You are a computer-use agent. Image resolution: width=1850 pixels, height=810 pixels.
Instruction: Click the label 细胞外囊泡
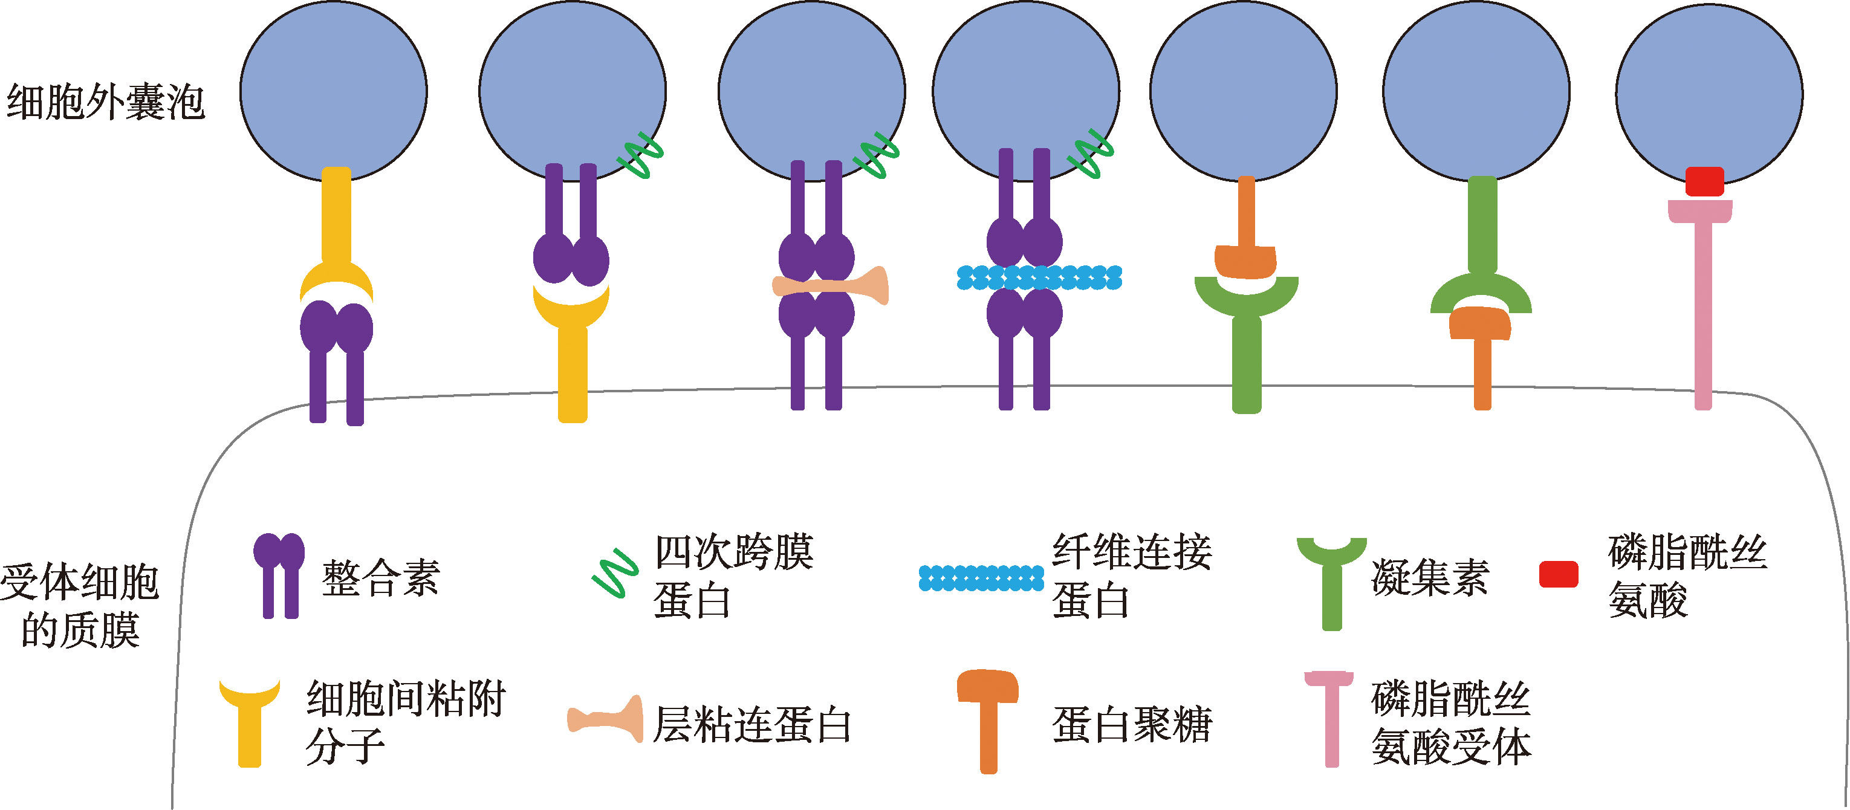coord(106,102)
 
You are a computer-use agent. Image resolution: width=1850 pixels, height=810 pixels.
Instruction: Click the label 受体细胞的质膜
coord(80,605)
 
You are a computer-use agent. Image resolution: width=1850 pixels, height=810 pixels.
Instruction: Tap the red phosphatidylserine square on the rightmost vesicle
coord(1704,181)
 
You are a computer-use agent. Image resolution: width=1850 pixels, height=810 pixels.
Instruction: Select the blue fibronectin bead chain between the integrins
coord(1039,277)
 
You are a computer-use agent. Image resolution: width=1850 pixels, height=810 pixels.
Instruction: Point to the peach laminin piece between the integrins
coord(831,286)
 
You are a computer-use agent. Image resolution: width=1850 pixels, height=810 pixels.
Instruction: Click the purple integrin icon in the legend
coord(279,574)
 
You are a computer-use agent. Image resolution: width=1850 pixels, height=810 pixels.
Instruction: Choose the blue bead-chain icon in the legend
coord(981,578)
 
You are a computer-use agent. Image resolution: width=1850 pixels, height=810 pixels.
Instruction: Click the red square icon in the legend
coord(1558,574)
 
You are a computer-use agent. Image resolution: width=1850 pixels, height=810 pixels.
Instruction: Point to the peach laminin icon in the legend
coord(605,719)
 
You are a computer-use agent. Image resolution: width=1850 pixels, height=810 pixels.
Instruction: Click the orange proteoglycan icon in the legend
coord(988,718)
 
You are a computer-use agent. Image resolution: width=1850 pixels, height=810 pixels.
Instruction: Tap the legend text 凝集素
coord(1429,578)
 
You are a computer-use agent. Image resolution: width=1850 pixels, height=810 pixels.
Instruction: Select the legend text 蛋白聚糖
coord(1132,725)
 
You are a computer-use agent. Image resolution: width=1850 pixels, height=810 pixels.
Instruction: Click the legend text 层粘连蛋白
coord(752,725)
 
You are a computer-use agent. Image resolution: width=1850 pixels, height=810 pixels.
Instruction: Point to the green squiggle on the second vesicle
coord(641,156)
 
